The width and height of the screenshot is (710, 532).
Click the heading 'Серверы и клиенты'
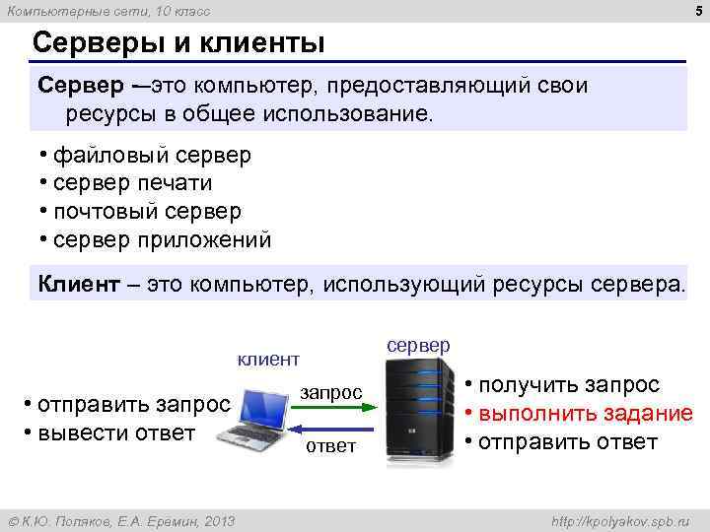click(x=178, y=43)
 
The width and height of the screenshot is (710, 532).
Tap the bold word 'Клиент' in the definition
click(x=80, y=285)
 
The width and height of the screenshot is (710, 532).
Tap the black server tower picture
click(x=413, y=404)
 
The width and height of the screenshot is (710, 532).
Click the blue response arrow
click(x=331, y=429)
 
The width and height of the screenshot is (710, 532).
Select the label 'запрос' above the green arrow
click(x=331, y=391)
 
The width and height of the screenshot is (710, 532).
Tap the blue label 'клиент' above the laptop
click(x=267, y=360)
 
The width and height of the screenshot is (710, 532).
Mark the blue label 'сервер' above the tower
click(x=418, y=345)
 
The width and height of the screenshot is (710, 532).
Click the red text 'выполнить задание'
click(x=586, y=413)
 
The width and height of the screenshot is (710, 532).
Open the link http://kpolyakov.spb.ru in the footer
click(x=620, y=520)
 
